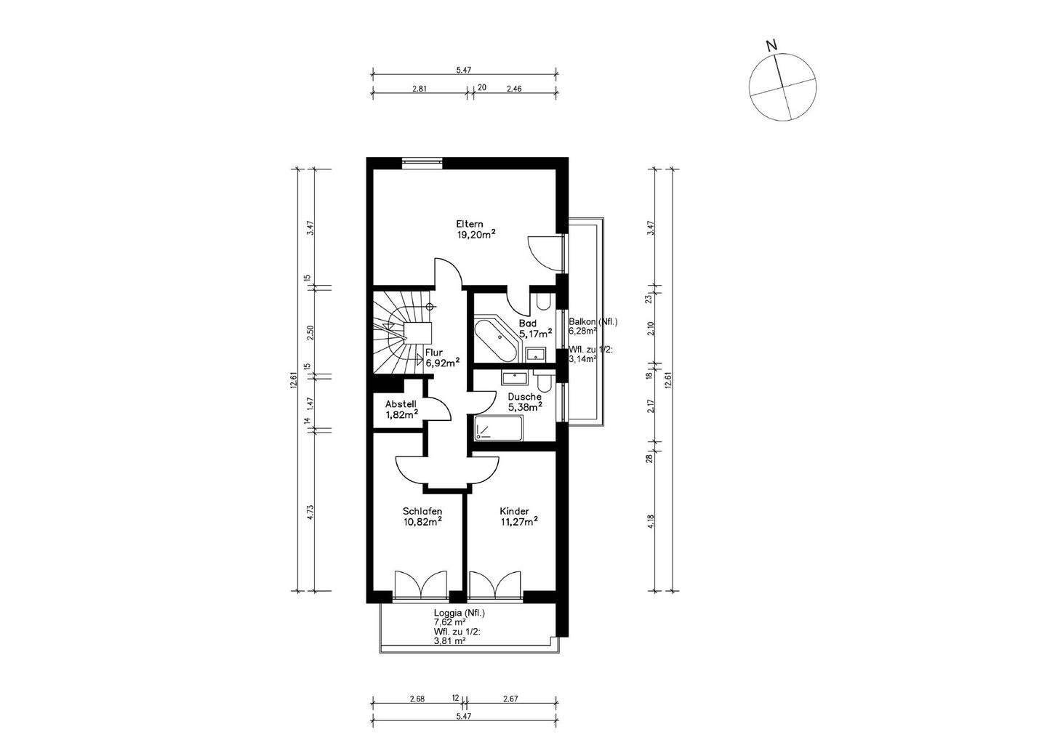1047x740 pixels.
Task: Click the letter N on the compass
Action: [771, 46]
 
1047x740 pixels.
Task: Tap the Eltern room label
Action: [469, 224]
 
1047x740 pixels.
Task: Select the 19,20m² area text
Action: [476, 234]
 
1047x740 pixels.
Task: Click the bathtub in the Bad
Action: [495, 341]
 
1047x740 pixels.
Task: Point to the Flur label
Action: [434, 353]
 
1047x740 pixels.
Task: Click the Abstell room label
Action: [401, 404]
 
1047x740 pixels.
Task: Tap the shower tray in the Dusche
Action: [499, 428]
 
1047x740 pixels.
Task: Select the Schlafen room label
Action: [422, 511]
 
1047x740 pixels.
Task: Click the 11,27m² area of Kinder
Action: [519, 521]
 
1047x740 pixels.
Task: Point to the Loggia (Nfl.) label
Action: [460, 613]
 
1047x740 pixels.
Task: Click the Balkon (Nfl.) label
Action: [593, 322]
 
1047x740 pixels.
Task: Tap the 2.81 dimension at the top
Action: [420, 88]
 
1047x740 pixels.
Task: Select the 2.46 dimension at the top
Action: [514, 88]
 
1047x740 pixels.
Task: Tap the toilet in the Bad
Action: [544, 302]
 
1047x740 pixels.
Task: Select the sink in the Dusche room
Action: [515, 377]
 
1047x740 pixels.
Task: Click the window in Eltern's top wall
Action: [422, 163]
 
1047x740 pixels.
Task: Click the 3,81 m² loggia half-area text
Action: [449, 641]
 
